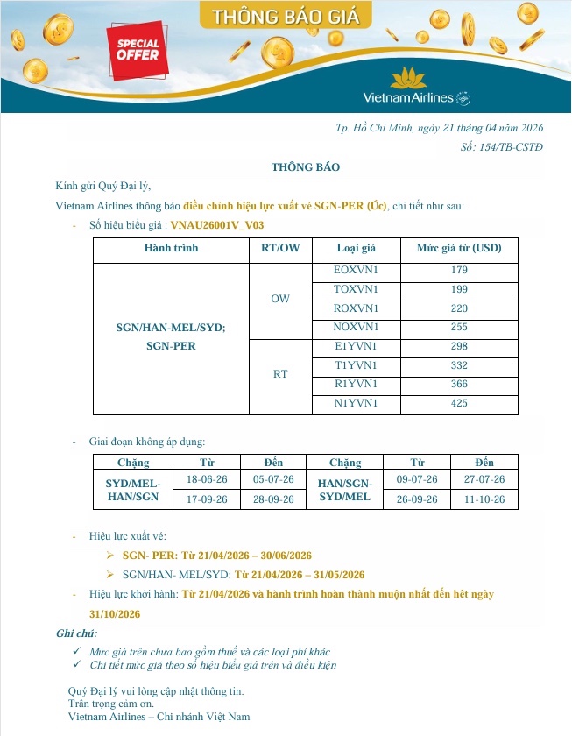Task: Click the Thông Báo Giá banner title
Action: (286, 15)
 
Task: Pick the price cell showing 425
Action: (459, 403)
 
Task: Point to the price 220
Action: (459, 308)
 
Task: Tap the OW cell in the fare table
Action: (280, 299)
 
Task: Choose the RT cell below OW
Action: (280, 374)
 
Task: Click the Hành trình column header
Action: (171, 248)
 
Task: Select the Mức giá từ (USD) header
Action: (459, 248)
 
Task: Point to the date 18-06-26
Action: (208, 479)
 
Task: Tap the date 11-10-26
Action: (484, 499)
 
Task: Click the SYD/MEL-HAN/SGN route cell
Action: (133, 489)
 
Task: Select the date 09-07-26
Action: (417, 479)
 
